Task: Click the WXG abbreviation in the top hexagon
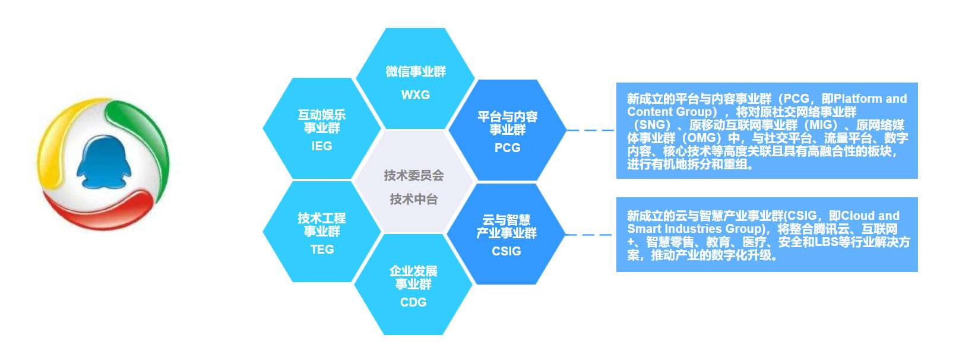click(415, 95)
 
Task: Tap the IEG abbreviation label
click(321, 146)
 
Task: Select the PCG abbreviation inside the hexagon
click(507, 148)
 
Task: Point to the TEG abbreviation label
click(322, 250)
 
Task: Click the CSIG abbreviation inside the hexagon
click(506, 251)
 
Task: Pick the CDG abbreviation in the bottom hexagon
click(413, 302)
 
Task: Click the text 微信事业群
click(415, 72)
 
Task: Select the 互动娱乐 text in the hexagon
click(321, 115)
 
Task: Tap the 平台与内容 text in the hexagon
click(507, 116)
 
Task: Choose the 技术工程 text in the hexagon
click(321, 218)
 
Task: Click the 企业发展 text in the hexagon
click(413, 271)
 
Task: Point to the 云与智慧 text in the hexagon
click(506, 220)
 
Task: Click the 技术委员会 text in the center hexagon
click(413, 175)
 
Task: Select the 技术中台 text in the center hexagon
click(413, 200)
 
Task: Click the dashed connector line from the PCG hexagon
click(590, 130)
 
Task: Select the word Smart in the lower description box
click(642, 229)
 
